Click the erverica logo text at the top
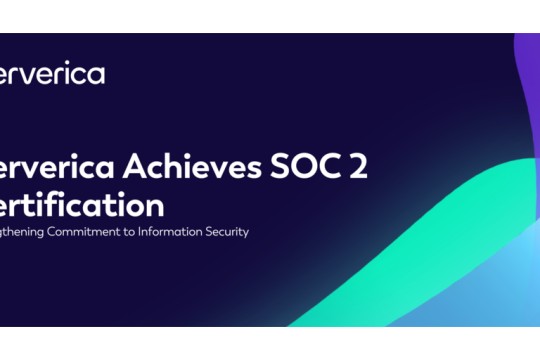(x=52, y=74)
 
